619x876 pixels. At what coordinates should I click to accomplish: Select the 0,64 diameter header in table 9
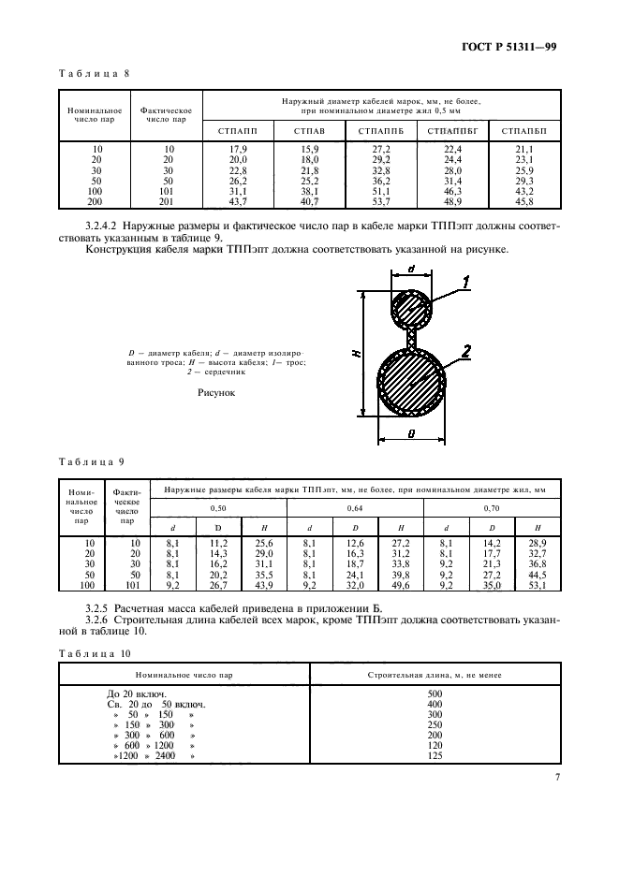(x=356, y=507)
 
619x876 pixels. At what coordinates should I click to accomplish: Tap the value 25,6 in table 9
(x=265, y=543)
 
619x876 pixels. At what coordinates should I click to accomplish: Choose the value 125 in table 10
(x=435, y=755)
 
